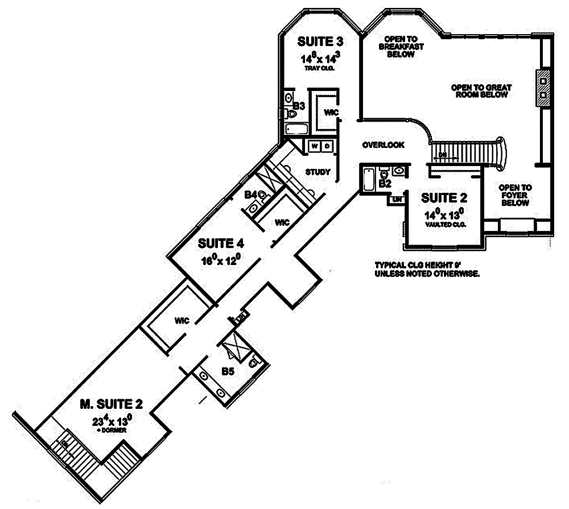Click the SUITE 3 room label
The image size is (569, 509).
point(320,42)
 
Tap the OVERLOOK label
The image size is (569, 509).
point(383,145)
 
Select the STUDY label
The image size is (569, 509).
point(318,172)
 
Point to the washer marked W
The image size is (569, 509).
point(315,146)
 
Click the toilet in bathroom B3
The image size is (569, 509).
point(291,114)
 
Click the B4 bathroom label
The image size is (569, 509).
point(250,195)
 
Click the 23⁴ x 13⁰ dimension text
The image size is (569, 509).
point(113,422)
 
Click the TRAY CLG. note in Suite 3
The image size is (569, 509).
point(320,68)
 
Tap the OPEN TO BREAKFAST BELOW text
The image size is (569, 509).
point(401,46)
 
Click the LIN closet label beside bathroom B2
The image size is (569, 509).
point(394,200)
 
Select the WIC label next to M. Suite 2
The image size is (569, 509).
point(182,320)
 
